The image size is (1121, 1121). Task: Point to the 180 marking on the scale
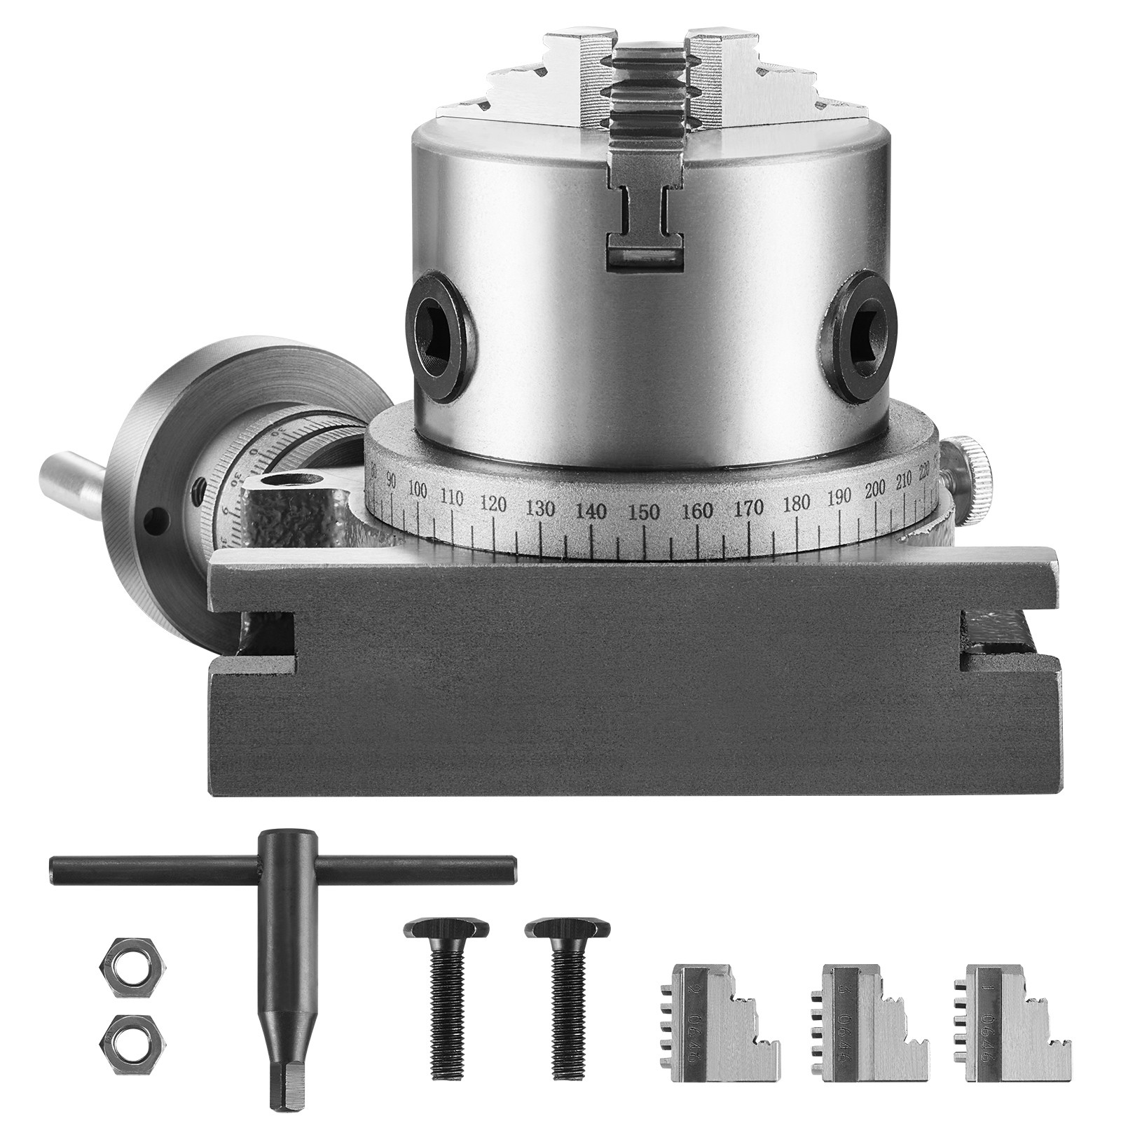797,502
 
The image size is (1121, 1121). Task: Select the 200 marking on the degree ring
875,489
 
